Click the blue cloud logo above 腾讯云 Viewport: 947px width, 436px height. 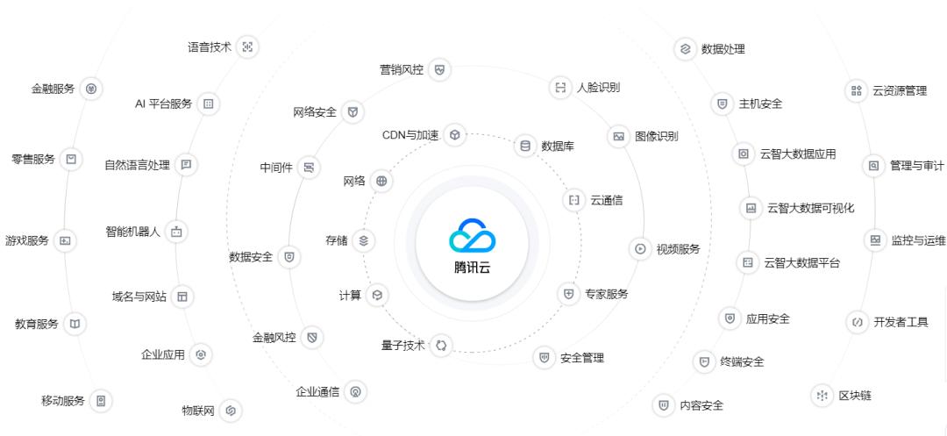473,234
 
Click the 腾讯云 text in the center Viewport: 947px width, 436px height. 473,267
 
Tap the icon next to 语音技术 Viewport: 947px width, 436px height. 247,47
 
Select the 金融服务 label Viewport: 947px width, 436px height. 53,89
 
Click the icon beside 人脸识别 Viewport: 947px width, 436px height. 560,87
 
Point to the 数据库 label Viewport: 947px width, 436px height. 558,147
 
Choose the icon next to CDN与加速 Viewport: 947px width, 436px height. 454,135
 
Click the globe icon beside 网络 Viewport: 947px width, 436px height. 381,182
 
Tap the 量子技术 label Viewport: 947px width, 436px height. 402,346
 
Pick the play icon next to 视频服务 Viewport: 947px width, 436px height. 641,249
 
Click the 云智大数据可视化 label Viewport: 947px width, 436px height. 810,208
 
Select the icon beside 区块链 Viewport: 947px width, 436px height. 822,396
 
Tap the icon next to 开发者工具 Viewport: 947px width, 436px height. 857,322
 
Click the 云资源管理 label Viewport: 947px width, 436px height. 899,90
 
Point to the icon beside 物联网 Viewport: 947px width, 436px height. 231,410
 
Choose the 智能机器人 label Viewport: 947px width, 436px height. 132,232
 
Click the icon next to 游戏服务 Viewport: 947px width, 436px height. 65,240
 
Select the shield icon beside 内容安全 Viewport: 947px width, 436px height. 664,405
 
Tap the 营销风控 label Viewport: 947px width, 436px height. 402,69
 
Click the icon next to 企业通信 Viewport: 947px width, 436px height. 355,392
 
